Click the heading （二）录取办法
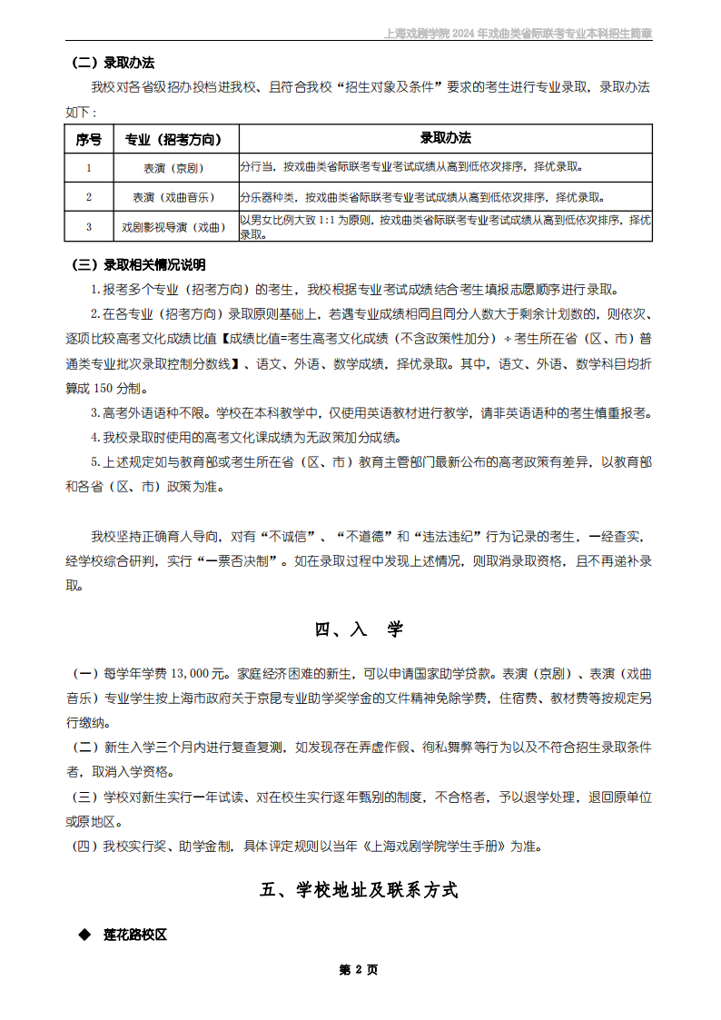pyautogui.click(x=113, y=63)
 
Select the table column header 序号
pyautogui.click(x=89, y=139)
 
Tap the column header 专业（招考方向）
pyautogui.click(x=173, y=139)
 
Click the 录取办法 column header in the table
pyautogui.click(x=445, y=139)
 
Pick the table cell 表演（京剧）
pyautogui.click(x=173, y=168)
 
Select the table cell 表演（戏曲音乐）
pyautogui.click(x=173, y=197)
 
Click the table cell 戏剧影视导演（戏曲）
pyautogui.click(x=173, y=226)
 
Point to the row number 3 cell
pyautogui.click(x=89, y=226)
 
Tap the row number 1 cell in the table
pyautogui.click(x=89, y=168)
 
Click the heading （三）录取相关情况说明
pyautogui.click(x=138, y=265)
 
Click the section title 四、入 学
pyautogui.click(x=360, y=629)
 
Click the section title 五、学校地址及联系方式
pyautogui.click(x=360, y=890)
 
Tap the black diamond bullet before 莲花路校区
pyautogui.click(x=84, y=935)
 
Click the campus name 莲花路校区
pyautogui.click(x=135, y=935)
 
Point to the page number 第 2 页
pyautogui.click(x=359, y=969)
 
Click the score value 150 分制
pyautogui.click(x=115, y=388)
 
